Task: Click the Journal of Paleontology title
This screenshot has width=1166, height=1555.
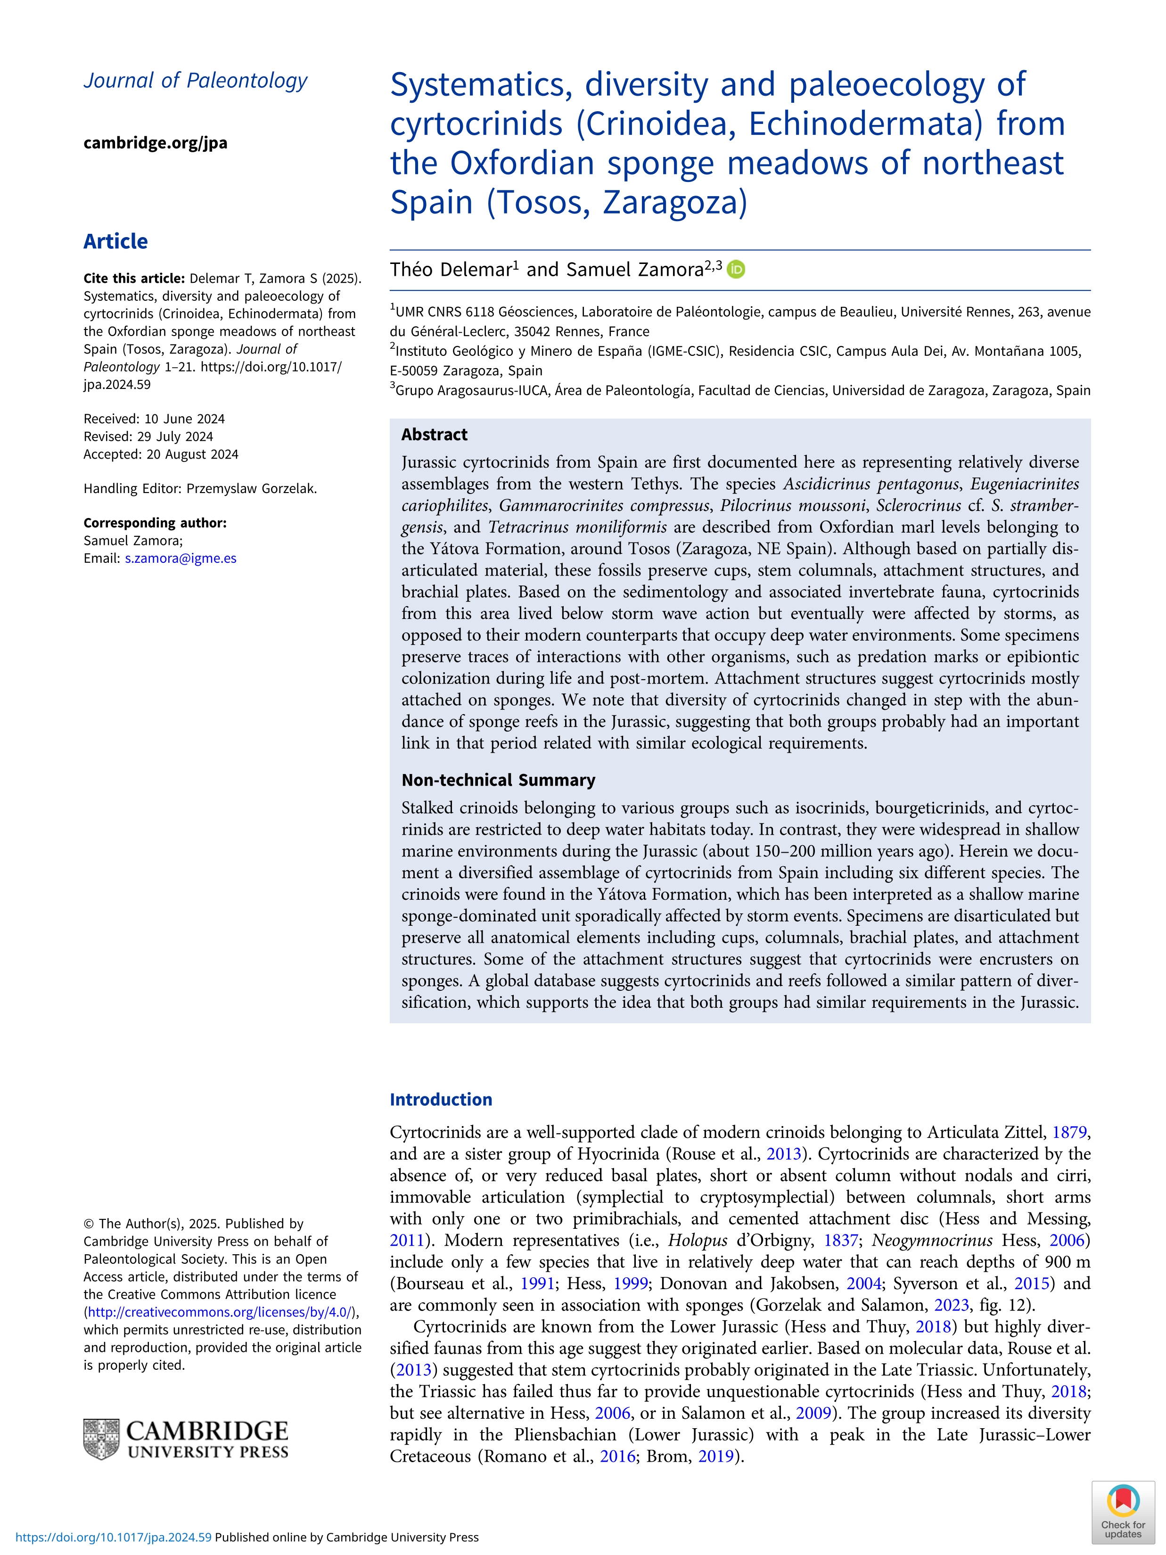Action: click(196, 81)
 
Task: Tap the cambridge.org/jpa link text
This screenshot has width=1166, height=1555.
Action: click(156, 143)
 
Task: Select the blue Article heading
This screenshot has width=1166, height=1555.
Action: click(115, 241)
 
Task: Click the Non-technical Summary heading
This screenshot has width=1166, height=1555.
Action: click(498, 780)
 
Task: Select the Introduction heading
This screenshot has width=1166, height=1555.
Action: click(441, 1100)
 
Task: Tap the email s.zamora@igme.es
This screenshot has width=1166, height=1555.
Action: click(181, 558)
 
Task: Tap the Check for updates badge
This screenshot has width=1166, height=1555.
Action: click(1123, 1512)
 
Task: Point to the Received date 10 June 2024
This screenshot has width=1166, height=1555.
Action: click(154, 419)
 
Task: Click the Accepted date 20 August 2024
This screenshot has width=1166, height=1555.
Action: click(161, 454)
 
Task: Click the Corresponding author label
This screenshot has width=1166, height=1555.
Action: click(155, 523)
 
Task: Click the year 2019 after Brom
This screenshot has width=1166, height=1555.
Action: click(715, 1456)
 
